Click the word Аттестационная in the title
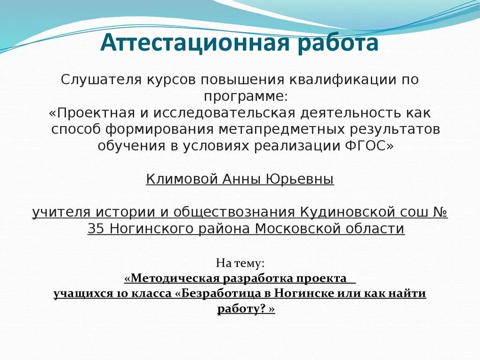(190, 44)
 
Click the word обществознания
(234, 212)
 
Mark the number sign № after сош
(439, 212)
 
